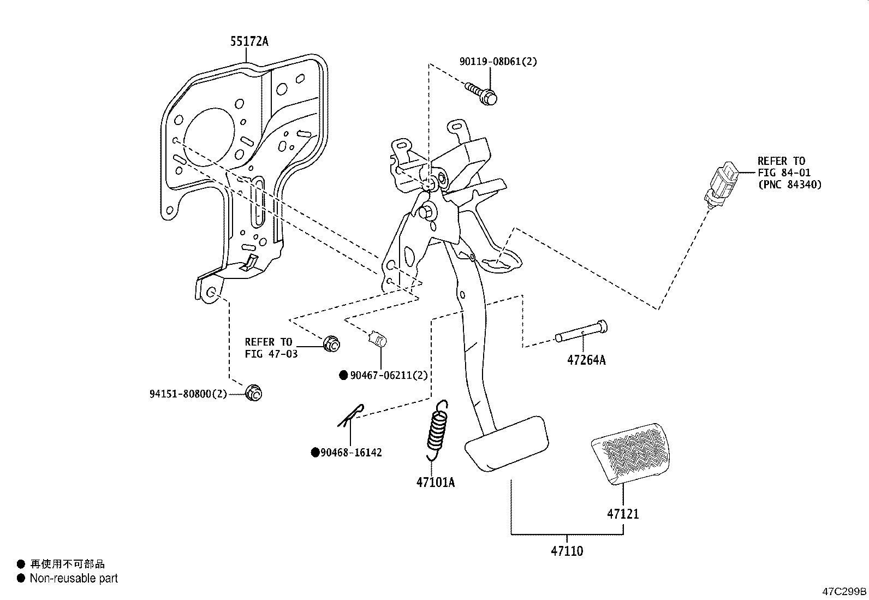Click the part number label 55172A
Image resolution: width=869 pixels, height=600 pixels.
pos(249,41)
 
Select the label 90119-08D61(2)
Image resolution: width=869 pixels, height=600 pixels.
pos(498,62)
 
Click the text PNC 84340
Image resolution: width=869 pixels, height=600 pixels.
pos(789,185)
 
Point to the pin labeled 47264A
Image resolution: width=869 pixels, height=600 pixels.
pos(582,331)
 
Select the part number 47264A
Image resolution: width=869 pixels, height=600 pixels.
pos(586,360)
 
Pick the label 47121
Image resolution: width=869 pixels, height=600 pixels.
pos(623,514)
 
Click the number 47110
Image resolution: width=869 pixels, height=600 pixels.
pos(567,551)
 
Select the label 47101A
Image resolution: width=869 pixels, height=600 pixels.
pos(436,482)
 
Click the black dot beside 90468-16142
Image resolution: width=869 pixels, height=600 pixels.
pos(315,453)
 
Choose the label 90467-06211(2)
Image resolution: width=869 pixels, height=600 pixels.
pos(389,375)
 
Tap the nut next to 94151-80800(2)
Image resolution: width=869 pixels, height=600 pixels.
pos(254,393)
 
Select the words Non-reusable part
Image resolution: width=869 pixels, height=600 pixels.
pos(74,578)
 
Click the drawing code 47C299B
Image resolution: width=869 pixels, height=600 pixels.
pos(844,591)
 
